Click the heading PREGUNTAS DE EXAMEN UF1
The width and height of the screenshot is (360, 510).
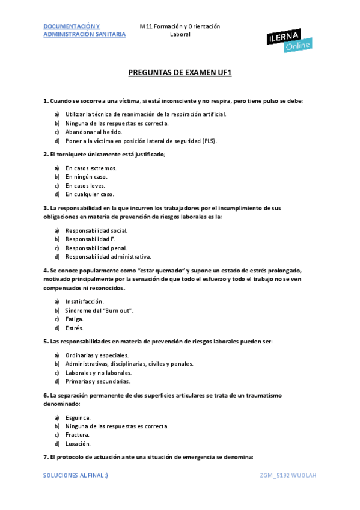tap(180, 73)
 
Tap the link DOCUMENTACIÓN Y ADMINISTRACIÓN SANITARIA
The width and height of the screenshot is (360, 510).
tap(85, 31)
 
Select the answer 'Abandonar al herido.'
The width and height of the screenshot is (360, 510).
tap(94, 132)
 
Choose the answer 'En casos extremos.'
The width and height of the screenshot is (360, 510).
tap(91, 168)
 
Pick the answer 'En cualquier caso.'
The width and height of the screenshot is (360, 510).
tap(90, 194)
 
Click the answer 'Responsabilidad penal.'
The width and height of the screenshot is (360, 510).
tap(96, 248)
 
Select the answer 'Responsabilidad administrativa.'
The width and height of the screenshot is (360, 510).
tap(108, 257)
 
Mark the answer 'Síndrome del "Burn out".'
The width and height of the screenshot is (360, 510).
tap(99, 310)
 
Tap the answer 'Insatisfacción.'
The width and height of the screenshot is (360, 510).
tap(85, 301)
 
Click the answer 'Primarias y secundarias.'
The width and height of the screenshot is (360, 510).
tap(98, 381)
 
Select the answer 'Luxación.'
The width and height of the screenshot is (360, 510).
tap(78, 444)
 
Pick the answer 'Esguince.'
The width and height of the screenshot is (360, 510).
tap(78, 417)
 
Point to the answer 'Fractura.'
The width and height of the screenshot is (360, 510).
tap(78, 435)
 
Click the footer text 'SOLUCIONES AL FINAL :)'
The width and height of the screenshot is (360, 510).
tap(76, 475)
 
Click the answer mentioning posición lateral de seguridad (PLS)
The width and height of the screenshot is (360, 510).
tap(141, 141)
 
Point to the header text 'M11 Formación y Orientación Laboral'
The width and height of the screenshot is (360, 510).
tap(180, 31)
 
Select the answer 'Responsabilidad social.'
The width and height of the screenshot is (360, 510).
tap(96, 230)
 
